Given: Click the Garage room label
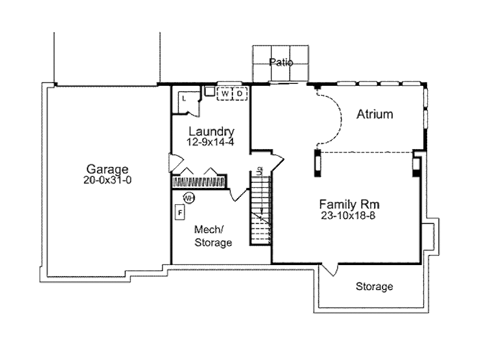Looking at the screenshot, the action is (107, 169).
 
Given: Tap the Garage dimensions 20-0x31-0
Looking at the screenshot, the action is (107, 180).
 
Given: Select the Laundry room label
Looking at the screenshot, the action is (211, 132).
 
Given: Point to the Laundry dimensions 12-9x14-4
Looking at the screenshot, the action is (210, 142).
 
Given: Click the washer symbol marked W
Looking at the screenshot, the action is (225, 93).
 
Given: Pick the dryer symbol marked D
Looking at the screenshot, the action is (240, 93).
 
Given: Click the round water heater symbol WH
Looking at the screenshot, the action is (189, 198).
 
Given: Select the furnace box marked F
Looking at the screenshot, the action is (180, 212).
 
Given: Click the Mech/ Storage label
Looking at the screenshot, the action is (213, 236).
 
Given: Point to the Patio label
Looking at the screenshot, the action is (281, 62).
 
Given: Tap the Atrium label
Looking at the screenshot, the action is (374, 114).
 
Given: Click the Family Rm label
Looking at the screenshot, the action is (350, 204).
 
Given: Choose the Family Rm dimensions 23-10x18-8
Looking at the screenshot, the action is (348, 216).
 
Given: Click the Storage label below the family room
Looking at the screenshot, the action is (374, 287).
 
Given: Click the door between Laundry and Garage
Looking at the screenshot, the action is (175, 163).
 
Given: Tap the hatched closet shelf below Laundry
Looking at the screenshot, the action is (199, 182).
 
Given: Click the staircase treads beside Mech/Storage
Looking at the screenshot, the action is (260, 210).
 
